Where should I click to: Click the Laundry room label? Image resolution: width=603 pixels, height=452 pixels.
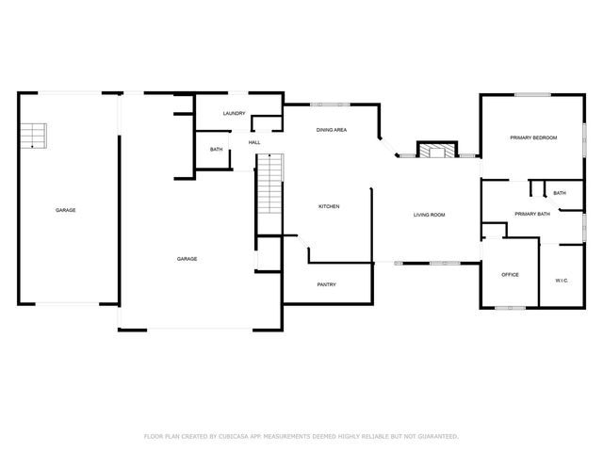(x=234, y=114)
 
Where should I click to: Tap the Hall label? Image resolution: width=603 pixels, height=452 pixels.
(x=254, y=142)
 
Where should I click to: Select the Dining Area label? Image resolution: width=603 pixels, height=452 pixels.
(x=331, y=130)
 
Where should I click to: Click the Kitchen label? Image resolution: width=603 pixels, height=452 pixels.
(x=329, y=206)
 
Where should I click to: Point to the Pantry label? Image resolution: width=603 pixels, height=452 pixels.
(x=326, y=284)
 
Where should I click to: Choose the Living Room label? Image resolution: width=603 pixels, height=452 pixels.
(x=429, y=215)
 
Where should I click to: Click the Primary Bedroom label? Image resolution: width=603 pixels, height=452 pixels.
(x=533, y=137)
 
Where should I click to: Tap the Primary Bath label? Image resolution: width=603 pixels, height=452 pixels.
(x=532, y=214)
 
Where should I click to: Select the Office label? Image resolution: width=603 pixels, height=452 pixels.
(x=510, y=274)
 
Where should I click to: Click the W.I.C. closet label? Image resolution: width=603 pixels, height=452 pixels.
(x=561, y=280)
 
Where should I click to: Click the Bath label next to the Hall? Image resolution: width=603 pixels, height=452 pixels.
(x=216, y=150)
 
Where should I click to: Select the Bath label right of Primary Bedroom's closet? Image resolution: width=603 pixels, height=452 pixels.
(x=560, y=193)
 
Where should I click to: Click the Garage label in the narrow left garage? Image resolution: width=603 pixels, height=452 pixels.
(x=65, y=210)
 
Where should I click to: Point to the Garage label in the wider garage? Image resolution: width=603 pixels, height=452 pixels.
(x=187, y=258)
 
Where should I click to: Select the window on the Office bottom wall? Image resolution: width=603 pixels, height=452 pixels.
(x=510, y=308)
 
